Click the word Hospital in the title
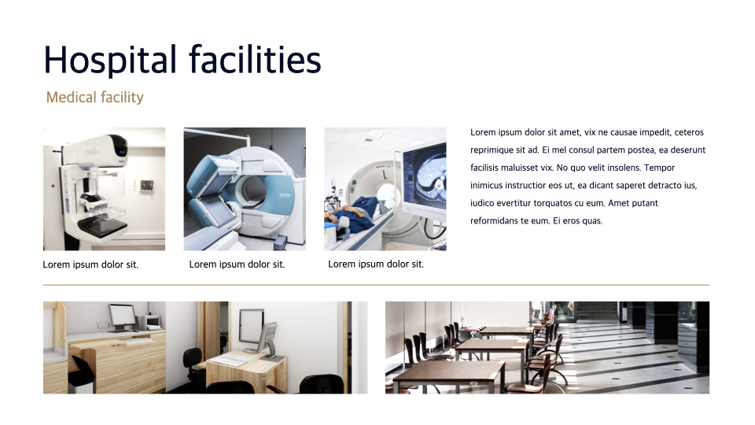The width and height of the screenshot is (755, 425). (x=110, y=60)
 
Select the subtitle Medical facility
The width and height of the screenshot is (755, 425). (x=94, y=98)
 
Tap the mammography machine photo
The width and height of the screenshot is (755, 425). (x=104, y=189)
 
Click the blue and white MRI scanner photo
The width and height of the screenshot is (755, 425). (x=245, y=189)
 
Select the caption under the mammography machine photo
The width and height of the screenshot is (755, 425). (x=90, y=264)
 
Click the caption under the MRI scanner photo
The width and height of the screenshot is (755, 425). (x=237, y=264)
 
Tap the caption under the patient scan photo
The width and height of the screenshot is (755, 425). (x=376, y=264)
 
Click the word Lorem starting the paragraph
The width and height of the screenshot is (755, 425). (x=484, y=132)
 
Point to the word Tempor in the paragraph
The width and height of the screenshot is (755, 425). (x=659, y=168)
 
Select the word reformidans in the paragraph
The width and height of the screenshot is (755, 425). (x=498, y=221)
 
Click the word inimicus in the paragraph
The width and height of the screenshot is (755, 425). (x=488, y=186)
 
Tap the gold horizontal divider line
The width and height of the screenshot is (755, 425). (x=376, y=285)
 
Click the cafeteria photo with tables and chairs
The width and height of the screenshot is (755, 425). (x=547, y=347)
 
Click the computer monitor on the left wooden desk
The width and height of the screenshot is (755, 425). (x=121, y=316)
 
